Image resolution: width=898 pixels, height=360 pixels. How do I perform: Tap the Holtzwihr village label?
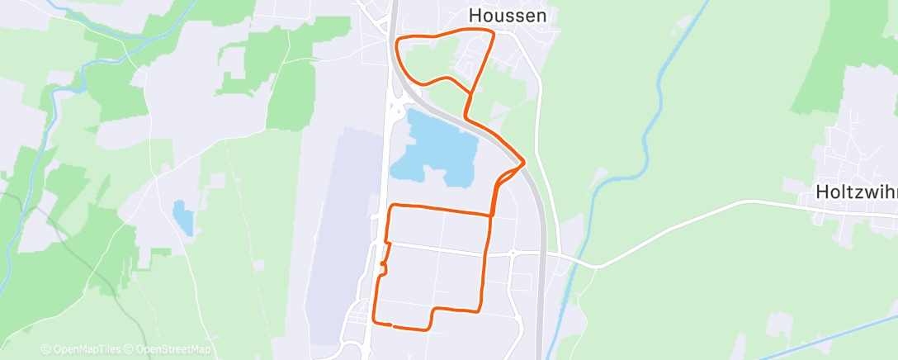click(x=855, y=192)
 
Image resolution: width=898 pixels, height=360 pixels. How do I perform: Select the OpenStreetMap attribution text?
click(x=173, y=350)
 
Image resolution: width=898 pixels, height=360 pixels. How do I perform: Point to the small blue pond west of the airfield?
click(x=182, y=216)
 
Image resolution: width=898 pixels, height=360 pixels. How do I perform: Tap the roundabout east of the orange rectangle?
click(x=512, y=253)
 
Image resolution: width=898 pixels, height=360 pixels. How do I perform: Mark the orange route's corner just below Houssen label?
click(x=493, y=33)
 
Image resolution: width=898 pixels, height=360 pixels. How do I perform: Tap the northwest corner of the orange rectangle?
click(x=390, y=206)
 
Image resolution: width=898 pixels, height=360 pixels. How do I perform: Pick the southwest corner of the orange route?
click(x=376, y=320)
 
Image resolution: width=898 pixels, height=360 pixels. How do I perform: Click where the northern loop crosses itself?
click(x=471, y=91)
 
